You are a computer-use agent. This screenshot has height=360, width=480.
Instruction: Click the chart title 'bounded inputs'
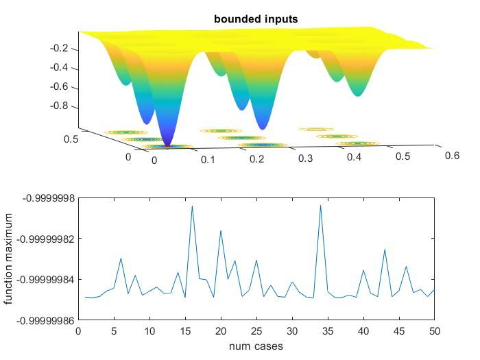tap(256, 19)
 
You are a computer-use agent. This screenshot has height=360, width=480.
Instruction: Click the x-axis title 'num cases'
tap(256, 346)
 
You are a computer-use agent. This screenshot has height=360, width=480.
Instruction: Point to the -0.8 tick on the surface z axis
tap(61, 106)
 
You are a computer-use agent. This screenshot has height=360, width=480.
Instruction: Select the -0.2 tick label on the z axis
tap(61, 49)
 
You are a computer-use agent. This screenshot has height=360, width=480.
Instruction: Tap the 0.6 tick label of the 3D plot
tap(452, 155)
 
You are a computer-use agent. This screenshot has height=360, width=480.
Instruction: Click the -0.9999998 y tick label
tap(48, 198)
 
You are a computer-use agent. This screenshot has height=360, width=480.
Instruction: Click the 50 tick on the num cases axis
tap(434, 332)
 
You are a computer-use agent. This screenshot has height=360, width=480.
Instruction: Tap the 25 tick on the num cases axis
tap(256, 332)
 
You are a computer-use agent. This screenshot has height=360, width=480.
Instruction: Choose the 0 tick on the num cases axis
tap(78, 332)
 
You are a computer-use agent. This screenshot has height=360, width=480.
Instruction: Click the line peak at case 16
tap(192, 206)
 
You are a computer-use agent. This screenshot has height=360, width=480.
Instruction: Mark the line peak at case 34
tap(320, 205)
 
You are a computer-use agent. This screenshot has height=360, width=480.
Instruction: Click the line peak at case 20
tap(221, 230)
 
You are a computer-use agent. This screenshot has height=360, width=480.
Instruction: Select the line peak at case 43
tap(385, 250)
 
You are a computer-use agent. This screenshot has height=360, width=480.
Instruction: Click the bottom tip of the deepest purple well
tap(167, 143)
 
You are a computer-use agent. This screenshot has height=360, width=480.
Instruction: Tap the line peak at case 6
tap(121, 259)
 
